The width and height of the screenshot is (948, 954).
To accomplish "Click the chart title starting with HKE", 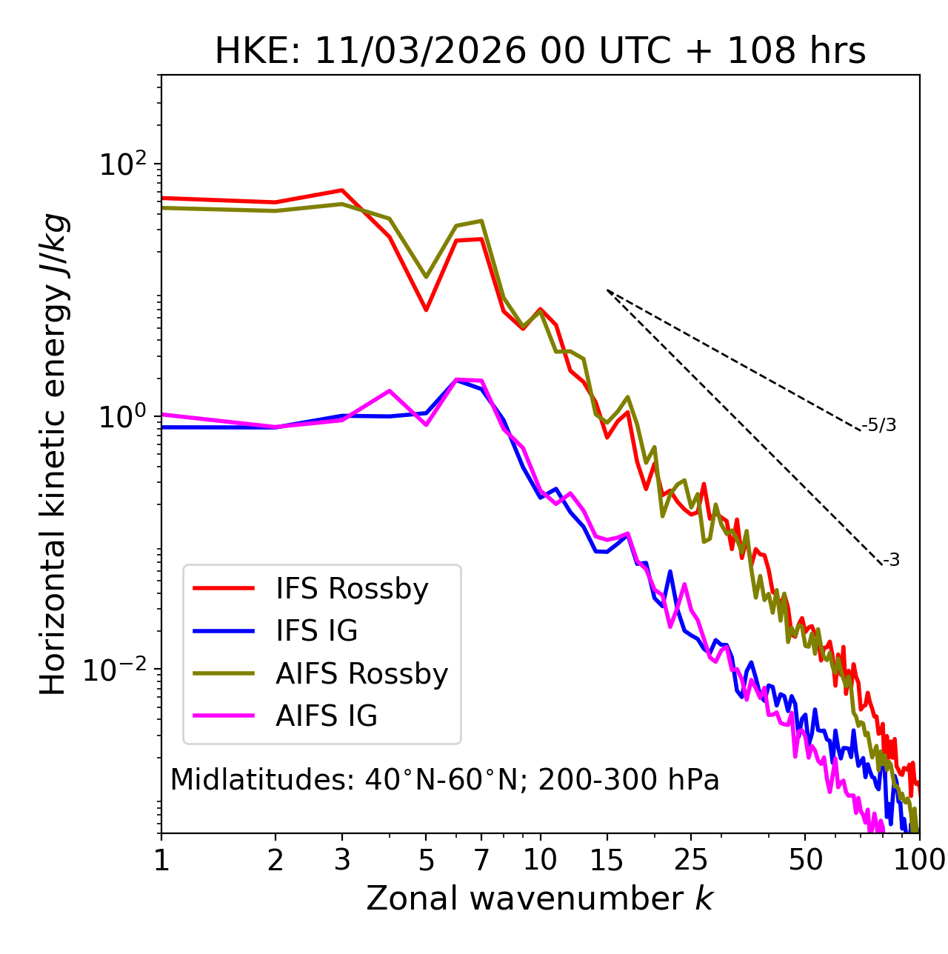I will pos(540,51).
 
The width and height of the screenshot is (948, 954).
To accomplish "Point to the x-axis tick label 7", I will pos(481,860).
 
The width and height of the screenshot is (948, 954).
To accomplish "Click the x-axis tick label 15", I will pos(607,860).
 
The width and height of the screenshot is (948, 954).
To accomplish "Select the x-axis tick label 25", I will pos(691,860).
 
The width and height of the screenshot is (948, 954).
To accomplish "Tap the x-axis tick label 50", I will pos(805,860).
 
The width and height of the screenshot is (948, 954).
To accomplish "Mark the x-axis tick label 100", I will pos(918,860).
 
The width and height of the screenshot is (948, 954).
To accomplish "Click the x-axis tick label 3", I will pos(342,860).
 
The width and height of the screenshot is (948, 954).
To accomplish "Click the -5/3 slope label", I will pos(879,425).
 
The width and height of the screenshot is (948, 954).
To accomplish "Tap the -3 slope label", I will pos(891,560).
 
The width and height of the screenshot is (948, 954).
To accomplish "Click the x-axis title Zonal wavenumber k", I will pos(540,898).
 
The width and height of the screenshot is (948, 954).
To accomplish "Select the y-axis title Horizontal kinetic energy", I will pos(54,454).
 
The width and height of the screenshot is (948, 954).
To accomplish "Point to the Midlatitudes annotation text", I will pos(444,780).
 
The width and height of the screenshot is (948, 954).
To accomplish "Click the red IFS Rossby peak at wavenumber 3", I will pos(342,190).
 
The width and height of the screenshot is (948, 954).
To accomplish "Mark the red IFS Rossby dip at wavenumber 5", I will pos(426,310).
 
